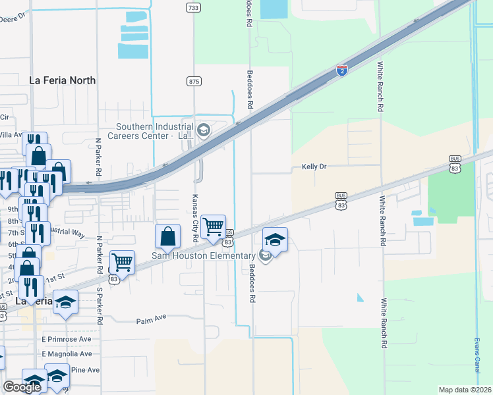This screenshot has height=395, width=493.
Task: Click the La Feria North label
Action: [x=63, y=80]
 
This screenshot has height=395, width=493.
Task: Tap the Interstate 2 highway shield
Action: [x=341, y=70]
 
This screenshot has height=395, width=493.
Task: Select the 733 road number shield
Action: [x=193, y=7]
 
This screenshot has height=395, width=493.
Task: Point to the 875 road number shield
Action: [x=194, y=82]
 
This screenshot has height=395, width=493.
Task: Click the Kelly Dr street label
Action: [x=314, y=167]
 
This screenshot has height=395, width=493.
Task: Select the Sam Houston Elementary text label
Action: [x=204, y=256]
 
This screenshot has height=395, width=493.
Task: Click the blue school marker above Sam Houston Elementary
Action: [x=275, y=240]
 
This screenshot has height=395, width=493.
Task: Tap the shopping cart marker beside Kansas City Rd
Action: [x=214, y=227]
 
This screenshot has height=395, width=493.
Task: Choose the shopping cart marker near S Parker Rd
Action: [x=122, y=263]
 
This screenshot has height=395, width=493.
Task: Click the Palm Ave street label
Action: [x=151, y=321]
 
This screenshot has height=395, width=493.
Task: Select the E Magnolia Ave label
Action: [x=66, y=354]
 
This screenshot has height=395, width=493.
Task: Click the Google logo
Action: [x=22, y=387]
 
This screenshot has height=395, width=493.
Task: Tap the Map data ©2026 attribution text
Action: [x=465, y=390]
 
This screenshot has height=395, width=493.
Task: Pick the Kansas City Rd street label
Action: [x=195, y=213]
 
